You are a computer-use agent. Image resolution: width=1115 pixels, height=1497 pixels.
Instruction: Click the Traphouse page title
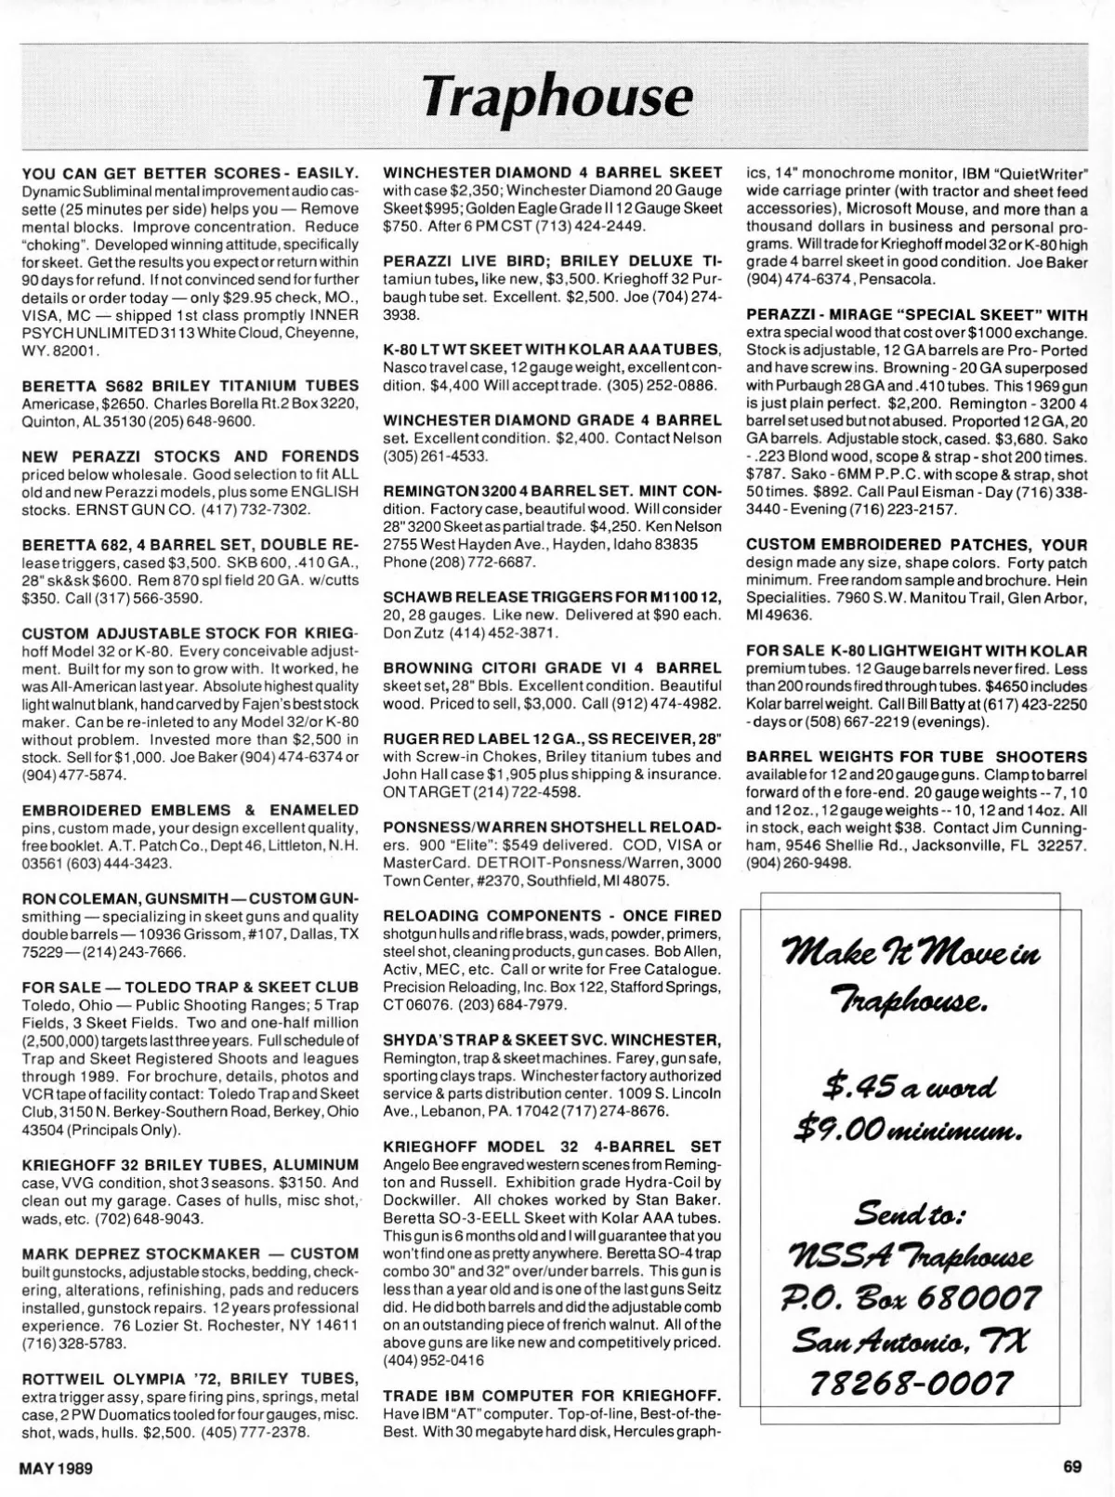point(557,97)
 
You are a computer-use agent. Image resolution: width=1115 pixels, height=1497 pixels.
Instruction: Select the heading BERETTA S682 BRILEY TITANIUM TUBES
point(190,385)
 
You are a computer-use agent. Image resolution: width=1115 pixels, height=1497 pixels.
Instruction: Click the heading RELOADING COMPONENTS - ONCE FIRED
point(552,916)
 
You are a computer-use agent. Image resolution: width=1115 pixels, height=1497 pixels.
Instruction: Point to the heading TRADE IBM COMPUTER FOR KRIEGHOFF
point(552,1395)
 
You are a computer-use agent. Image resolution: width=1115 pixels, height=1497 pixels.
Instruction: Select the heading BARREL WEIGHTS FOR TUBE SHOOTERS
point(916,757)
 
